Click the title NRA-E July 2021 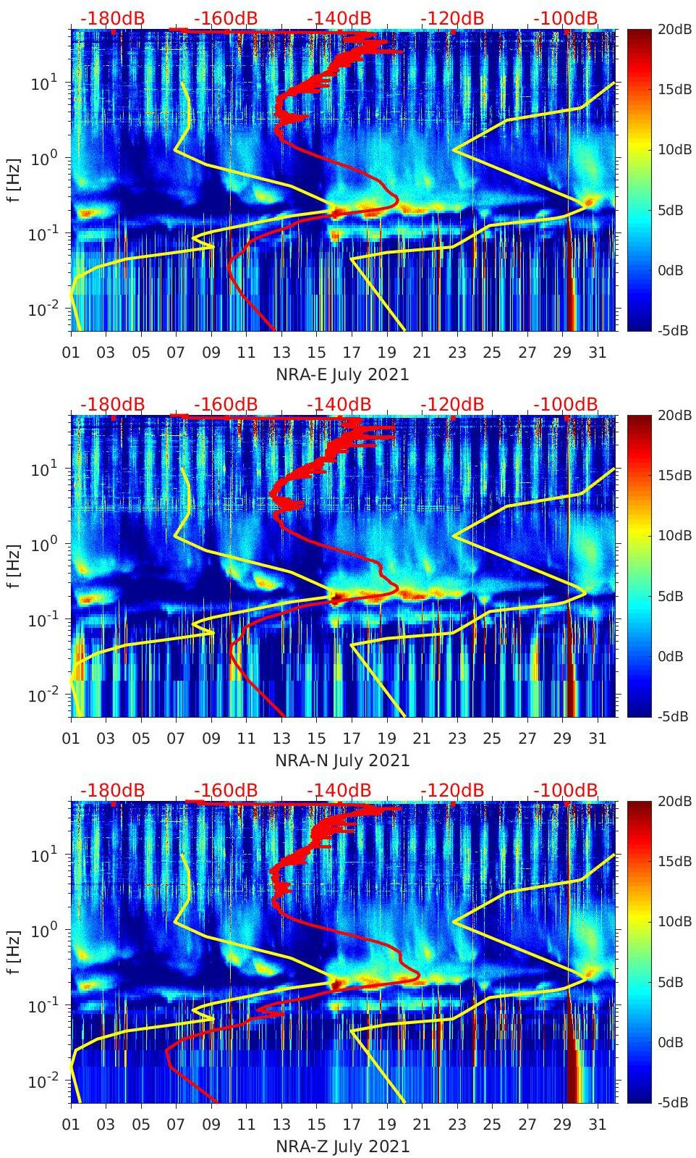tap(342, 374)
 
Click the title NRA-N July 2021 tap(342, 760)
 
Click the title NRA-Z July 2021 tap(342, 1146)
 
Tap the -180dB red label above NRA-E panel tap(112, 18)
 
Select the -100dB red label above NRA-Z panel tap(566, 790)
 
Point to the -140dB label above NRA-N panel tap(339, 404)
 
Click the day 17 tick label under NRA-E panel tap(352, 353)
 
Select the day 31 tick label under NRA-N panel tap(597, 739)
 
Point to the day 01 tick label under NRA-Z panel tap(71, 1125)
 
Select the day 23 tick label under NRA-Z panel tap(457, 1125)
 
